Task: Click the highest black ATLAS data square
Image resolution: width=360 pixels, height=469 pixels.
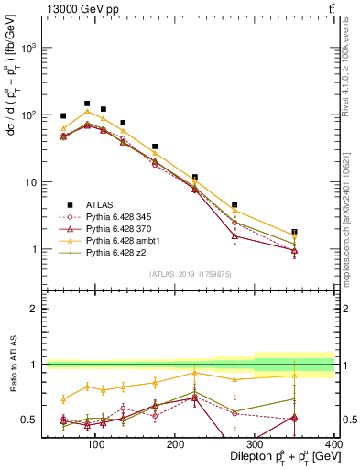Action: (87, 104)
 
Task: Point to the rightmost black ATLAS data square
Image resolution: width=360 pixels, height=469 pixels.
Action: (320, 232)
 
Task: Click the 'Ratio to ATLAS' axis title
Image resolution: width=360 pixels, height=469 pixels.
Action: (12, 365)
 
